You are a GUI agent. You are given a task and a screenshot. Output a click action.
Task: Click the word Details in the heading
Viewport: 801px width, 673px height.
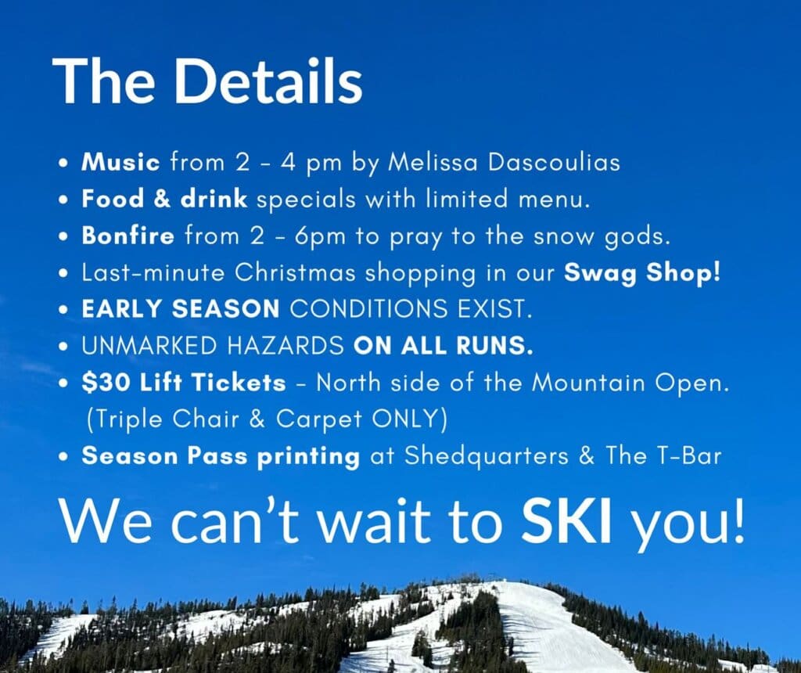pos(268,81)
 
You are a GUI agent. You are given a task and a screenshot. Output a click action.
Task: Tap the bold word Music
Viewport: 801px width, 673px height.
pos(120,163)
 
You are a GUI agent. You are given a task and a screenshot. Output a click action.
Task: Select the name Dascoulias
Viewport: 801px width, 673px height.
pos(554,163)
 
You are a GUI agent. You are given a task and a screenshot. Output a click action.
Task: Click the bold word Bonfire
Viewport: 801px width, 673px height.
pos(128,236)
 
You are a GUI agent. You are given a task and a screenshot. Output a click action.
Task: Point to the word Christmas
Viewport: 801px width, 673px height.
pos(295,272)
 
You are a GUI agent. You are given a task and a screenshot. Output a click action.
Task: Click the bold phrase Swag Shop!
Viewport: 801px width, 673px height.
pos(642,272)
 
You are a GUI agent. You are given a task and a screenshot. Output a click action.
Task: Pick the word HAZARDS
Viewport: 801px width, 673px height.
pos(286,346)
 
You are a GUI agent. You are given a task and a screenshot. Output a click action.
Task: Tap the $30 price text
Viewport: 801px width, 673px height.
pos(106,383)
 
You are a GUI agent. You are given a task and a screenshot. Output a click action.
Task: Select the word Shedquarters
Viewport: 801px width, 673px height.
pos(486,456)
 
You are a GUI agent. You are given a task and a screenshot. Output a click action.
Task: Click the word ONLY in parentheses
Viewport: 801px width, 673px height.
pos(404,419)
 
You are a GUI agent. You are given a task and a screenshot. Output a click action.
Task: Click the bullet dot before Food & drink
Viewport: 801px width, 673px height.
pos(63,200)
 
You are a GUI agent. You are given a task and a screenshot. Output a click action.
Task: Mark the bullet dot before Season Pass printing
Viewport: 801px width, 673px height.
pos(63,457)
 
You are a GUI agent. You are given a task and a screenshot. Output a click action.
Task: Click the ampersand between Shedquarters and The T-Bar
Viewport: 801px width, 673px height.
pos(587,455)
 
